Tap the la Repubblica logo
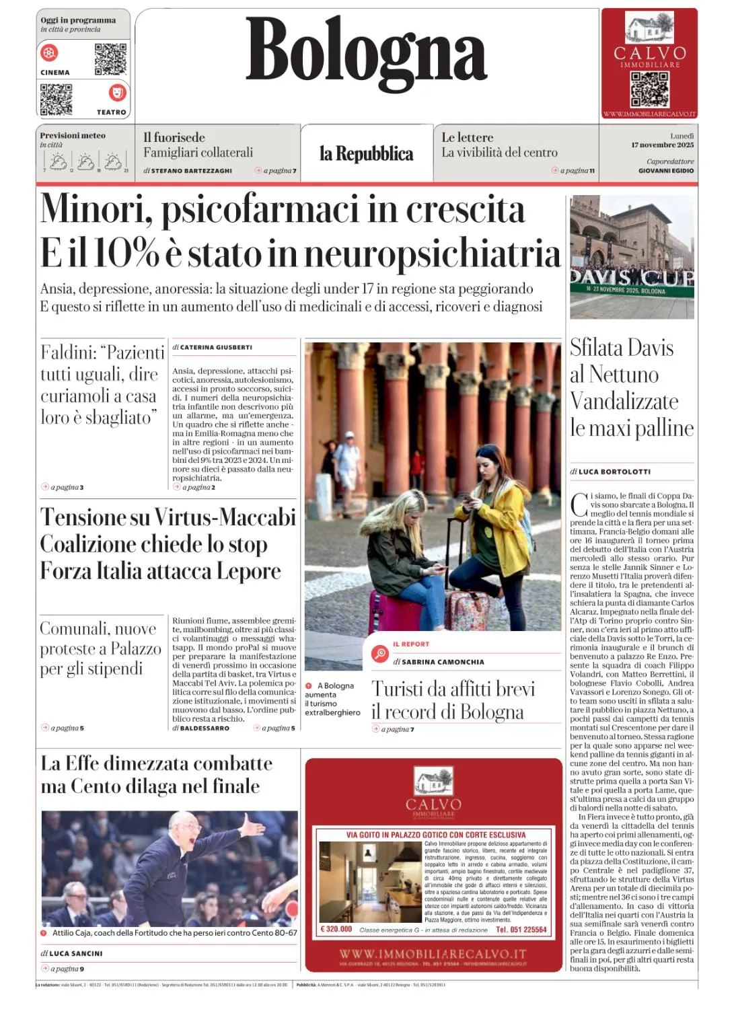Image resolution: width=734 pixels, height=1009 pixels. click(x=366, y=154)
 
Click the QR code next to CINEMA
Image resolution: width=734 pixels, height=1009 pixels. click(x=110, y=59)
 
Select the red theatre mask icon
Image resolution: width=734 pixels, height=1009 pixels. click(x=117, y=92)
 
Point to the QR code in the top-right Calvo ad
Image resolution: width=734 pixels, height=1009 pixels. click(x=649, y=89)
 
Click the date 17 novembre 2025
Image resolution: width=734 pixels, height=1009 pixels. click(x=662, y=145)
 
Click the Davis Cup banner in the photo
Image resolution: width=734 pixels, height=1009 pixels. click(x=631, y=279)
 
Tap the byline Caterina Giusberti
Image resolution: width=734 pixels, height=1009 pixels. click(x=215, y=347)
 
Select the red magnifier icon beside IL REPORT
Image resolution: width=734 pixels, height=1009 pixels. click(x=380, y=653)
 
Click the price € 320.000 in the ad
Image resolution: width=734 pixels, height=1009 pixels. click(x=337, y=929)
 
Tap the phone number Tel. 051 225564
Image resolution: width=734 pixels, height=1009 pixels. click(x=521, y=929)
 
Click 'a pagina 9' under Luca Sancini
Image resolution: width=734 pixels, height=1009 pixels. click(x=67, y=969)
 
